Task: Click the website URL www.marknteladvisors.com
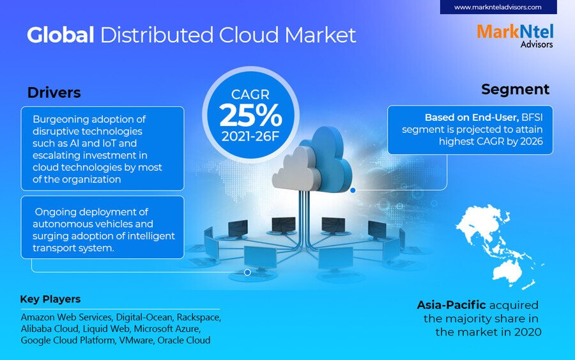498,7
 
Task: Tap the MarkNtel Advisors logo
515,36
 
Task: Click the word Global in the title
61,35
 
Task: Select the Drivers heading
54,93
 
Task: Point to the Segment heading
515,89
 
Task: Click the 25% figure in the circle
251,115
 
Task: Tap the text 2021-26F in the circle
250,136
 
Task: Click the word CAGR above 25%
250,95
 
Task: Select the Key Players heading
50,299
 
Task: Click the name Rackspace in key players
199,317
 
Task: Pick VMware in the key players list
136,340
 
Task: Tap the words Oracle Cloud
184,340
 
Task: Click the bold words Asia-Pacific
451,305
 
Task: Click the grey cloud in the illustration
295,169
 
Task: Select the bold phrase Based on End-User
471,118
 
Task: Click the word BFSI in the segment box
532,118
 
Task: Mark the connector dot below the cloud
353,191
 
